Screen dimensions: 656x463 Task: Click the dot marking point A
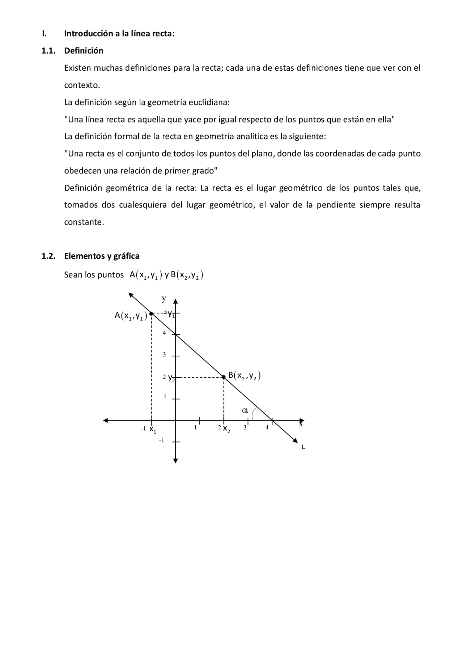pos(151,313)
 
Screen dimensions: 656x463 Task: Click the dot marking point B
pos(224,377)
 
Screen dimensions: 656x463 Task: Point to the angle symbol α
pos(245,410)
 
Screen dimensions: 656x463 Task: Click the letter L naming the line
pos(303,447)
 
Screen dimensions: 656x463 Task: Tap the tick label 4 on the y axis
pos(164,333)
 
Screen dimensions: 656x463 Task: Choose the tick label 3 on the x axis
pos(245,427)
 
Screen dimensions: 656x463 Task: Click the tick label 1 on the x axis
pos(195,427)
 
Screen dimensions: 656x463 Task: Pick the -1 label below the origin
pos(161,440)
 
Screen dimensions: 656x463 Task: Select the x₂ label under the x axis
pos(226,429)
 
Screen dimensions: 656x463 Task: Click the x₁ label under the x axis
pos(153,430)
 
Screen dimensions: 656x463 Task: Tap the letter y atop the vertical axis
pos(164,298)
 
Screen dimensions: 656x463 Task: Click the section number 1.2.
pos(48,256)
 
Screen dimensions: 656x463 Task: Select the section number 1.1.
pos(48,51)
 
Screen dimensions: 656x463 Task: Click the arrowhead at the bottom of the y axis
pos(175,461)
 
